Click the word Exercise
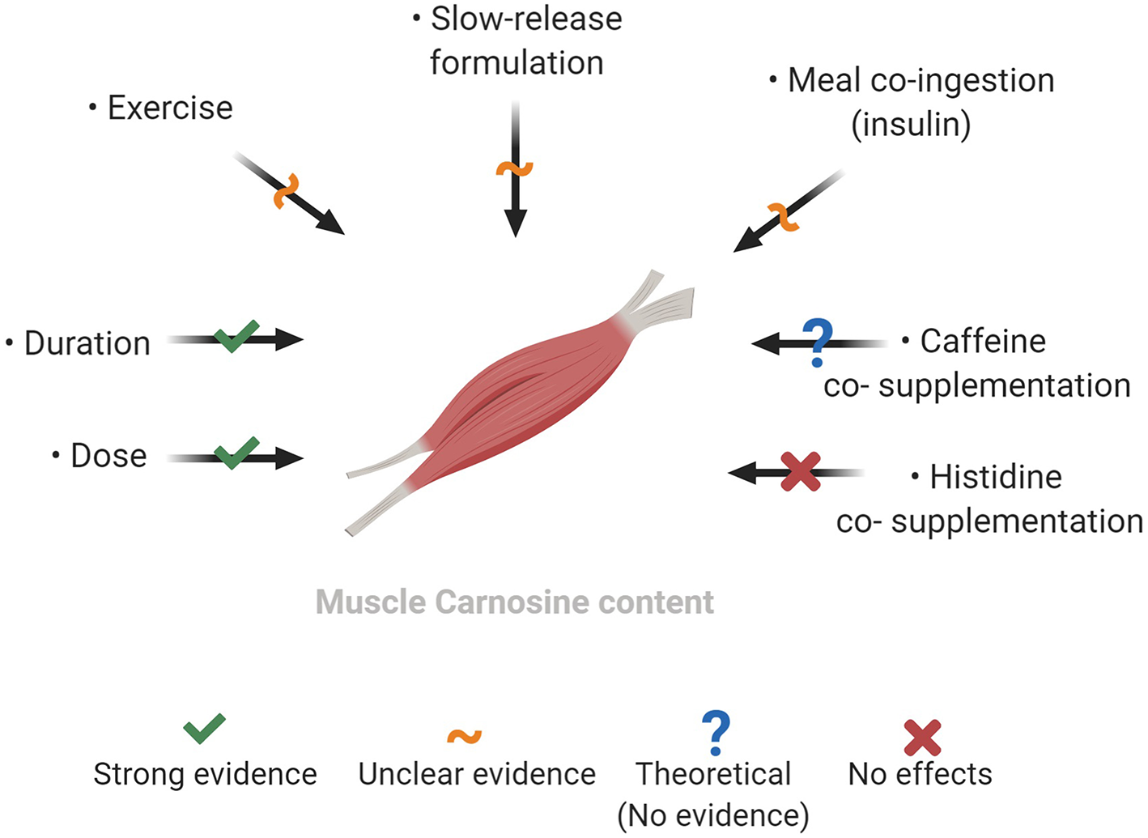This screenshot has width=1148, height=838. click(170, 108)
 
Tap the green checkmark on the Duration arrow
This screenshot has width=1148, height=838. click(236, 336)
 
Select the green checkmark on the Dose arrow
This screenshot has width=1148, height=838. click(236, 453)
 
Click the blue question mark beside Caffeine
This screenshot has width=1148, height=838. click(818, 342)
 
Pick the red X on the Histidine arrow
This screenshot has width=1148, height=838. click(801, 472)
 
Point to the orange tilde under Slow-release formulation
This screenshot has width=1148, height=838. click(514, 168)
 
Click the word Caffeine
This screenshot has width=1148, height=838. click(983, 342)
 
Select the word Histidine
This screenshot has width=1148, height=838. click(995, 477)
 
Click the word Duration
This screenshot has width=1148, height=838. click(87, 343)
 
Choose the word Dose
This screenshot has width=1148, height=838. click(108, 456)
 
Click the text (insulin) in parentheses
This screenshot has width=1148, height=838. click(911, 125)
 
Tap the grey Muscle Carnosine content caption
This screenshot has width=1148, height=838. click(514, 602)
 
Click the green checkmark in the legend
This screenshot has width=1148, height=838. click(204, 729)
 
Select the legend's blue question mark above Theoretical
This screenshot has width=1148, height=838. click(716, 732)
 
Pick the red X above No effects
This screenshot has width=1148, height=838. click(922, 737)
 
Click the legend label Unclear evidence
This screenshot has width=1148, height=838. click(477, 774)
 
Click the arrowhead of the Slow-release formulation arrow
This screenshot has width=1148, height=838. click(515, 223)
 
